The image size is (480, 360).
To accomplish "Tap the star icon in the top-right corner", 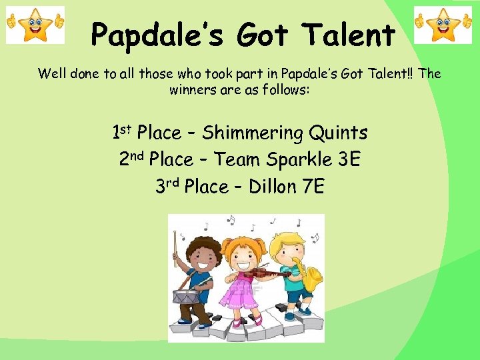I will (443, 25).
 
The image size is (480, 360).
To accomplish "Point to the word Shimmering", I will (253, 133).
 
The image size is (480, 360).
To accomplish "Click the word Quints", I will (338, 133).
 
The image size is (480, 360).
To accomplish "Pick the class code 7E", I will (313, 187).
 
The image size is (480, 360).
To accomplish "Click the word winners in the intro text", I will (193, 90).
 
